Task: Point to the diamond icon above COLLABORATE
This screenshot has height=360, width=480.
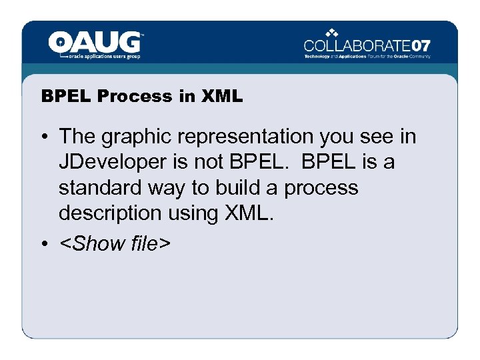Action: [333, 33]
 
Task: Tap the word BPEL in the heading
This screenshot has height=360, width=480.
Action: [67, 96]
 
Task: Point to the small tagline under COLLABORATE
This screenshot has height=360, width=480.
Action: [367, 57]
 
